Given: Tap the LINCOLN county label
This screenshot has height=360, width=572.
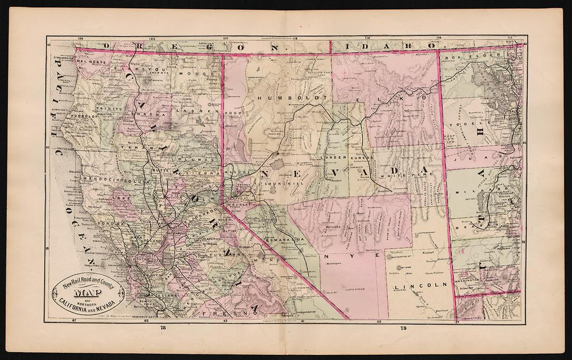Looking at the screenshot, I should [421, 286].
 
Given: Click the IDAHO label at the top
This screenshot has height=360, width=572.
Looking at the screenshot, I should [387, 46].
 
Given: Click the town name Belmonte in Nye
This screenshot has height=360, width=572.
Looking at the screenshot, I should [334, 227].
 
